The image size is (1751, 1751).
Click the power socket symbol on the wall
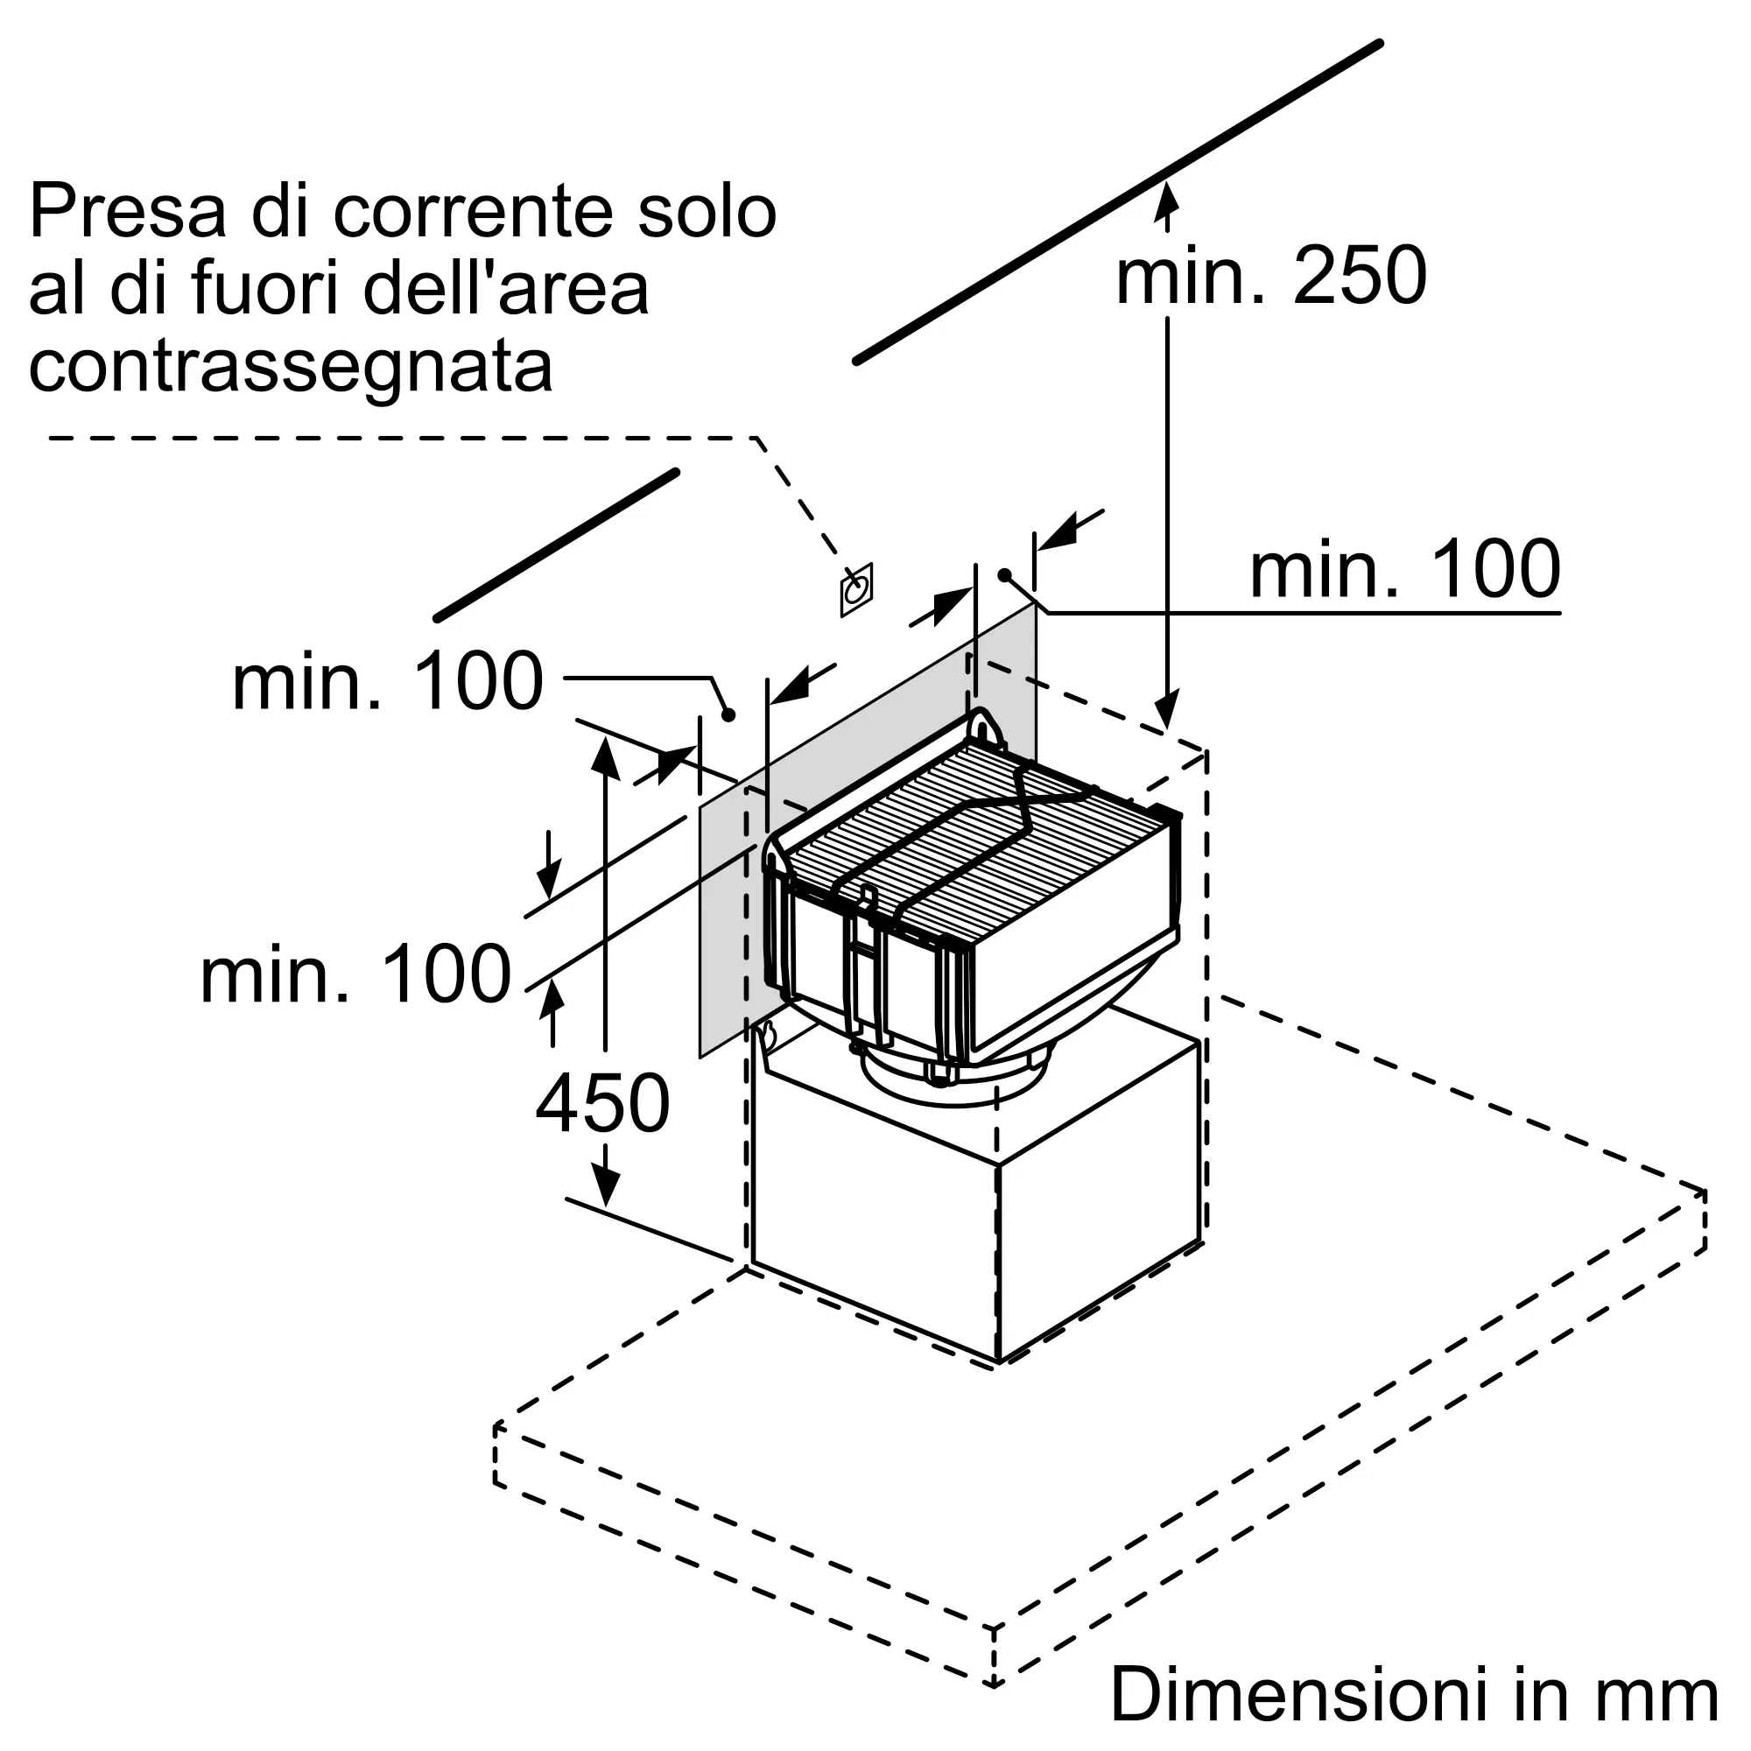[x=855, y=590]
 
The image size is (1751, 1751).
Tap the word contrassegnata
[x=291, y=367]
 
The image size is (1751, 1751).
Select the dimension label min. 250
[x=1270, y=276]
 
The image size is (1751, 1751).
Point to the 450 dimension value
[x=602, y=1103]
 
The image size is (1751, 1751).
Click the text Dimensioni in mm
[x=1414, y=1694]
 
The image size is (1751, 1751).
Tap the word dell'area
[x=506, y=289]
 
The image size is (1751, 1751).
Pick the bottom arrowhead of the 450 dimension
[x=604, y=1186]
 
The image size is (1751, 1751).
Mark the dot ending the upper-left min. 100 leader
[x=728, y=715]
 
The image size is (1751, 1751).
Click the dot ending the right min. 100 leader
[x=1004, y=574]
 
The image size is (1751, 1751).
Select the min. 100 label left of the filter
[x=356, y=974]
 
